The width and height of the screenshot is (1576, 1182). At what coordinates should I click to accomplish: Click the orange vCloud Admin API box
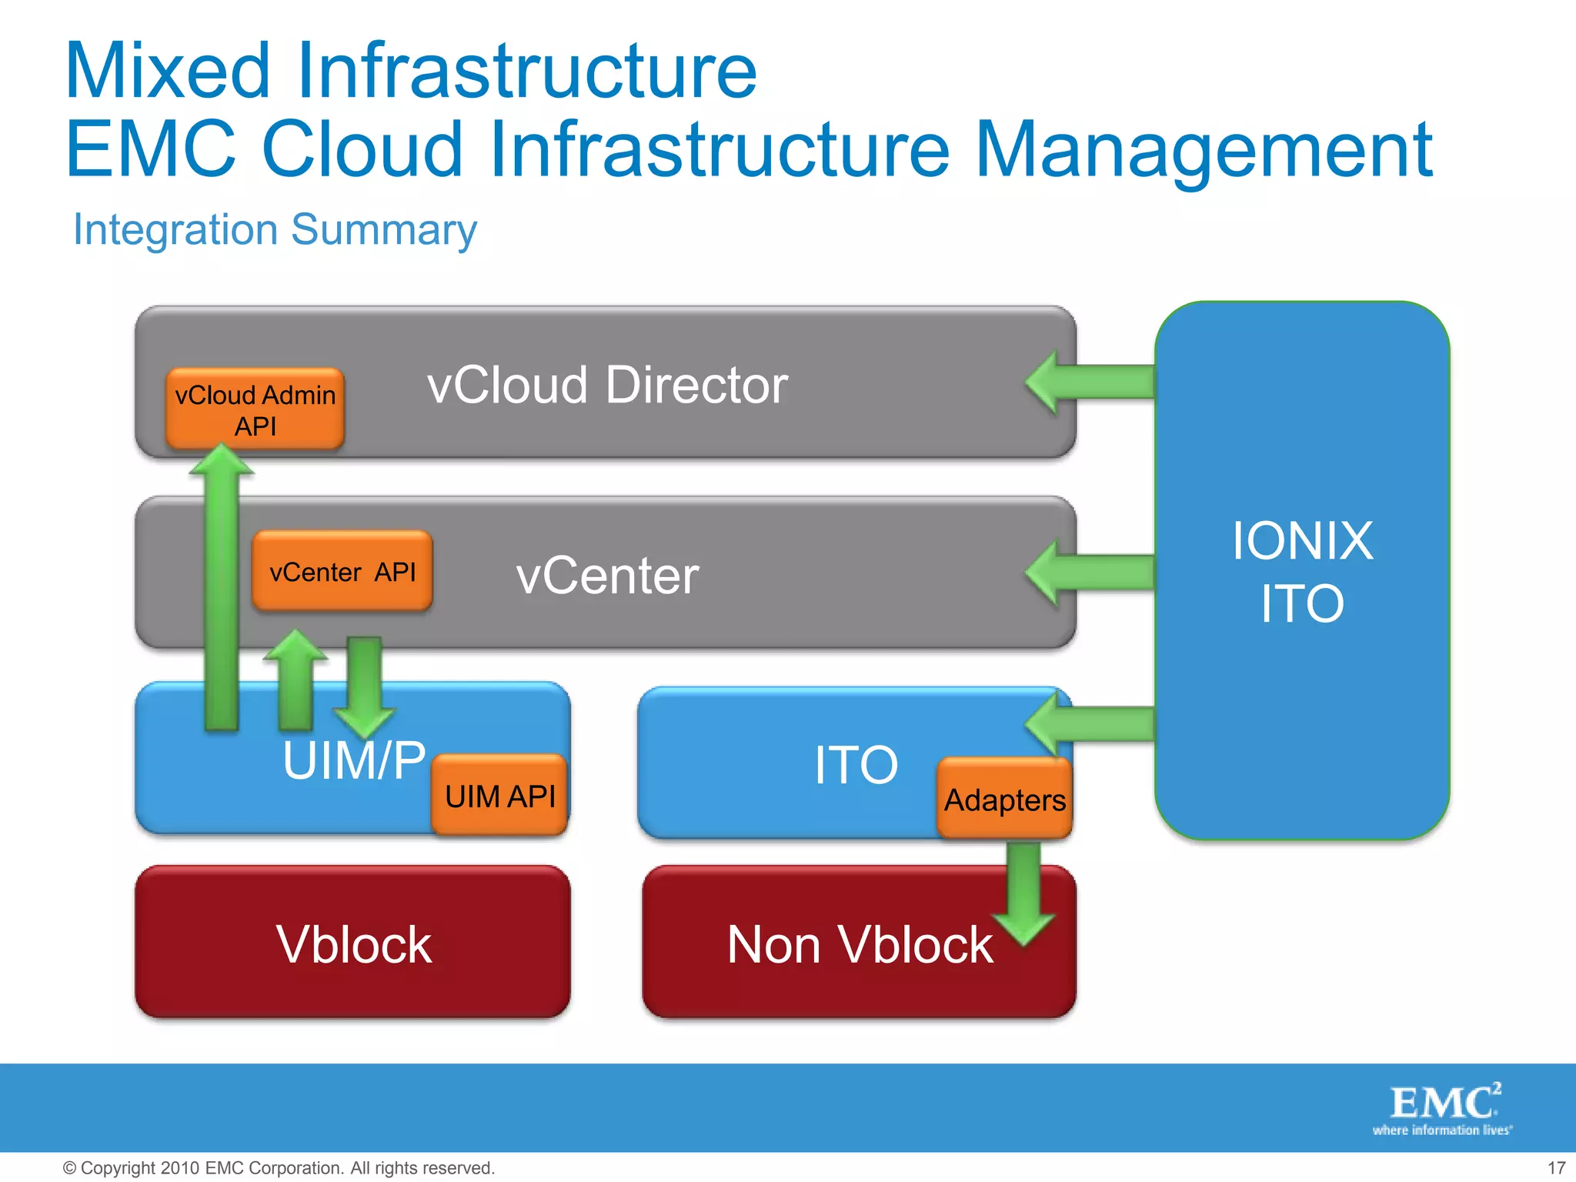(255, 409)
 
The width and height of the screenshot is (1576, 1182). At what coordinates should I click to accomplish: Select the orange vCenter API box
(342, 572)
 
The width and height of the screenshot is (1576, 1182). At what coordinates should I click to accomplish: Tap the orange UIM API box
(499, 796)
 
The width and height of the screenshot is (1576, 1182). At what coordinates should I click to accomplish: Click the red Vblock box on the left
(352, 943)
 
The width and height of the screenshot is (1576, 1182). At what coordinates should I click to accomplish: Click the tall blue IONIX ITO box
(1302, 570)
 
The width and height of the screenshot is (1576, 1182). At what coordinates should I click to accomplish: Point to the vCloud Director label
(607, 385)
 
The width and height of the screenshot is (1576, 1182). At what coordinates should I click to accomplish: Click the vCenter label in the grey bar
(607, 576)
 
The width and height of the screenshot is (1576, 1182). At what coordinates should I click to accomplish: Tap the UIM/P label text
(353, 760)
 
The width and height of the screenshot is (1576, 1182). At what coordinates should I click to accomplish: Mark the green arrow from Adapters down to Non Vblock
(1023, 893)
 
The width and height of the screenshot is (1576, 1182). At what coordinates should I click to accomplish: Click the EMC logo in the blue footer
(1444, 1108)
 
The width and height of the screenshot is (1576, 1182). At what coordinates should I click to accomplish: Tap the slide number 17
(1556, 1167)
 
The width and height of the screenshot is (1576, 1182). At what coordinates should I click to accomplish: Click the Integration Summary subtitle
(275, 229)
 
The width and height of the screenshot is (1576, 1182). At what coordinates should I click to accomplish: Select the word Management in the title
(1204, 149)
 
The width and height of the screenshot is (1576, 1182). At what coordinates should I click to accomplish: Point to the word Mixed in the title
(168, 71)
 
